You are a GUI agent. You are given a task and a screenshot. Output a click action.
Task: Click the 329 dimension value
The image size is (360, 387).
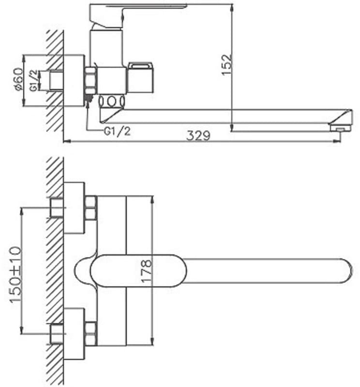point(198,135)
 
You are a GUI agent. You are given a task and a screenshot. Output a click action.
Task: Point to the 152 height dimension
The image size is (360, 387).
point(227,64)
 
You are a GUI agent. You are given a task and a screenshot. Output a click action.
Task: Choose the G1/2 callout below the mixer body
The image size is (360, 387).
point(117,131)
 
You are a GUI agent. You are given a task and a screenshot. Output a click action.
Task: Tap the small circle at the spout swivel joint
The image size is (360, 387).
point(112,102)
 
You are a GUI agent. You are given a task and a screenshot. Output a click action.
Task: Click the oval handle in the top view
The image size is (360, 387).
point(138,270)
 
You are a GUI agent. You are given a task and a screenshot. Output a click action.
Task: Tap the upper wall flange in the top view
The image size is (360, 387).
point(74,208)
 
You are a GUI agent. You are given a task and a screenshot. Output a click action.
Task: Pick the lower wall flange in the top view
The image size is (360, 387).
point(74,333)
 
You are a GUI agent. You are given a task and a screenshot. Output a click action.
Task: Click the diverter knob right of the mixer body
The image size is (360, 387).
point(140,77)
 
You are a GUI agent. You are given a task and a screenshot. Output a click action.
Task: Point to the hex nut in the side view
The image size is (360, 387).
point(90,80)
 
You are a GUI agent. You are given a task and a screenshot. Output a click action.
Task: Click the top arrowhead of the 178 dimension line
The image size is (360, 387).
point(152,199)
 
